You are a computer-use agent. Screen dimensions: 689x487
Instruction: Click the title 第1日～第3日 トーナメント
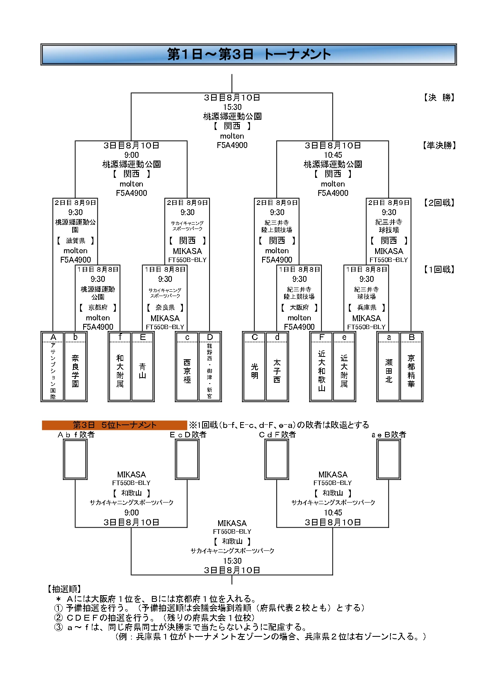click(249, 54)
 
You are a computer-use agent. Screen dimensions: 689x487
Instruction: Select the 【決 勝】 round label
click(439, 97)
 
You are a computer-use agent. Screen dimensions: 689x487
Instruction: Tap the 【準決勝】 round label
click(439, 145)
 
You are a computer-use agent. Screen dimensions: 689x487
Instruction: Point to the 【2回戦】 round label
click(439, 203)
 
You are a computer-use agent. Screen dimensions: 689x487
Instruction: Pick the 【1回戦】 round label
click(439, 269)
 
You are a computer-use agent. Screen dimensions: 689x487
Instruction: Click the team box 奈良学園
click(75, 371)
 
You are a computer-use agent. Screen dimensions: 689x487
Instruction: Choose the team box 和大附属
click(120, 371)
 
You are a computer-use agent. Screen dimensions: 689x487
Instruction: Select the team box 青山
click(142, 371)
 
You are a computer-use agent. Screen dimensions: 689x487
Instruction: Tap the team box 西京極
click(187, 371)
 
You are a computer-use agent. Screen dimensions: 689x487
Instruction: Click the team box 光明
click(254, 371)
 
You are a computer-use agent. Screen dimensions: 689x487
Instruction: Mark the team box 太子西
click(277, 371)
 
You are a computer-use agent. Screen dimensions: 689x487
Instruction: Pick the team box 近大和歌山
click(321, 371)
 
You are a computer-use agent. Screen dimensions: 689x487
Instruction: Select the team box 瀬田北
click(389, 371)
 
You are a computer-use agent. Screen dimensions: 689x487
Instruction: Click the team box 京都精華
click(411, 371)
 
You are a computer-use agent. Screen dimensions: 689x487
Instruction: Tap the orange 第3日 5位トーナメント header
click(114, 425)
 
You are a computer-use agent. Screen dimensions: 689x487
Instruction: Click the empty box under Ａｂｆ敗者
click(75, 459)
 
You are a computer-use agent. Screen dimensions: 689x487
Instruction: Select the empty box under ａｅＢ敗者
click(389, 459)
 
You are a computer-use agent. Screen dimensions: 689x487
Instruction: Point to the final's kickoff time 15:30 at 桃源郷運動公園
click(232, 107)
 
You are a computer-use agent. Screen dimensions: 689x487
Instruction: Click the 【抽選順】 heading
click(64, 588)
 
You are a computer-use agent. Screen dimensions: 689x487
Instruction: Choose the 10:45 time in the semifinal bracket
click(333, 155)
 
